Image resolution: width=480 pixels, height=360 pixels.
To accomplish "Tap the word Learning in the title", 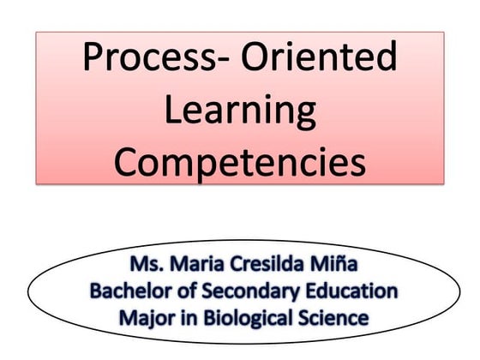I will (x=239, y=111).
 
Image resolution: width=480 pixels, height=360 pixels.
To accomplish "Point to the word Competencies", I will (x=239, y=162).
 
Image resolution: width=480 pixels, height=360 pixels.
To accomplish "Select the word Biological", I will (x=237, y=318).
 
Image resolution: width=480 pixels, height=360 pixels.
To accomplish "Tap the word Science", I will (x=330, y=317).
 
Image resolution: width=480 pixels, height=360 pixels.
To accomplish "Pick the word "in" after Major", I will (x=177, y=317).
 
